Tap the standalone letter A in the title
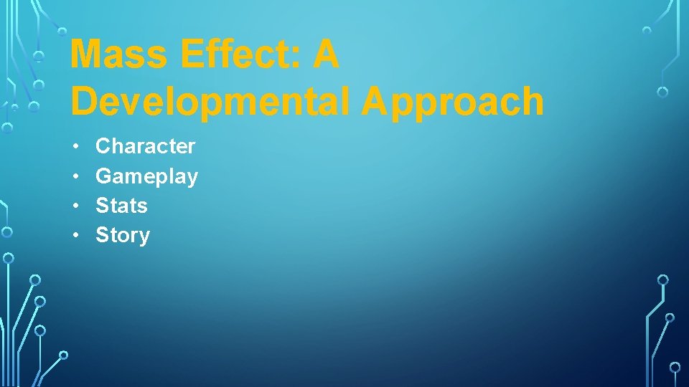point(325,55)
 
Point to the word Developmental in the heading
point(211,101)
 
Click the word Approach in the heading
point(452,101)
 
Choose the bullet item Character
point(145,146)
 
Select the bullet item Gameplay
point(146,176)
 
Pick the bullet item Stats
point(121,206)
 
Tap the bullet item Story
point(123,235)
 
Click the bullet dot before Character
point(75,147)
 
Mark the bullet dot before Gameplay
point(75,176)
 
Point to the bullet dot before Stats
point(75,206)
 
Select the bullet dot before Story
point(75,236)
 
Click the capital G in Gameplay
point(104,176)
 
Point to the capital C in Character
point(104,146)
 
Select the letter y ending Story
point(144,238)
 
